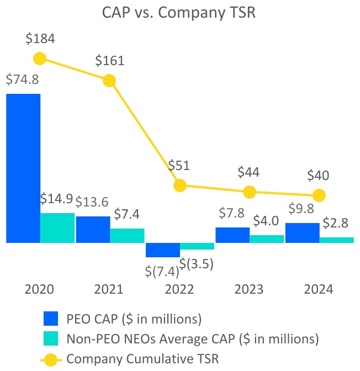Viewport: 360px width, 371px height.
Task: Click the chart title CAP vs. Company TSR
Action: coord(179,12)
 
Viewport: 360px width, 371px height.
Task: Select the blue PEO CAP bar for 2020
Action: coord(23,168)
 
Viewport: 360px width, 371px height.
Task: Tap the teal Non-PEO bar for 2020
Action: coord(57,227)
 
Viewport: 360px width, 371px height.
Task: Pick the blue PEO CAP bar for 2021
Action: coord(93,229)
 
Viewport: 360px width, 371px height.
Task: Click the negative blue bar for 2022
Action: coord(163,250)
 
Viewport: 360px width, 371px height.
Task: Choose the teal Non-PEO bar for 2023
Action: coord(267,239)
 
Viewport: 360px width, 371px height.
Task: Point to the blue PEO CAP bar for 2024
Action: coord(302,232)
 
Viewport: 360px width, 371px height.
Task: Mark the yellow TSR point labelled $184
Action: coord(40,59)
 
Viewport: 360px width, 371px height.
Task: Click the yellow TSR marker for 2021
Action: coord(109,81)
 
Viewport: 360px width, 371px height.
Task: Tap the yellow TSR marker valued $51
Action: coord(179,185)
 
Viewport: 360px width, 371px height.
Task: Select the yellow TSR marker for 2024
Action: coord(319,195)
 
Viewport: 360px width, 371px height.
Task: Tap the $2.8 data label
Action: coord(336,222)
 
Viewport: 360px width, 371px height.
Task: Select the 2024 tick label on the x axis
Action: coord(319,289)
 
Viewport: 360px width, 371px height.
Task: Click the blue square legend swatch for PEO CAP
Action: coord(51,319)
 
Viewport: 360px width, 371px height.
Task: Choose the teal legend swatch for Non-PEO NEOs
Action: coord(51,338)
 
